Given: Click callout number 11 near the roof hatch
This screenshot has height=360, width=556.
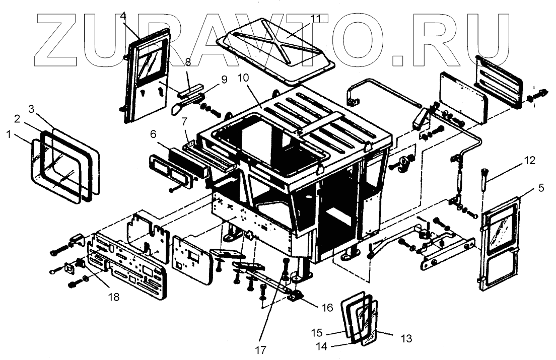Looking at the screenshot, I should pyautogui.click(x=315, y=19).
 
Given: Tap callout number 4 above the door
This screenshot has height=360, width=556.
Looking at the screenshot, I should pyautogui.click(x=123, y=16).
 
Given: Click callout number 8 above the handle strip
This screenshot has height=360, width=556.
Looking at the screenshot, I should pyautogui.click(x=188, y=62).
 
